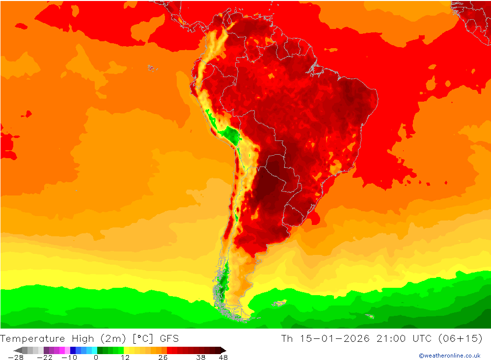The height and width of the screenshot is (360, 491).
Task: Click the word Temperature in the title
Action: coord(32,338)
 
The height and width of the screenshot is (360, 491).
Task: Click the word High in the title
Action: coord(83,338)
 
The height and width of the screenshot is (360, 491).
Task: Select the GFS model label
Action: coord(168,338)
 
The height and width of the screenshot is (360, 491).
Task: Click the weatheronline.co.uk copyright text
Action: coord(449,356)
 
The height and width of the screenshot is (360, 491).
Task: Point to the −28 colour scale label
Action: coord(16,358)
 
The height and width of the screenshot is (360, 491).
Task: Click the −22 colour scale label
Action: coord(45,358)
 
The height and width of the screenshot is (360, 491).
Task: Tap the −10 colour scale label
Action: coord(69,358)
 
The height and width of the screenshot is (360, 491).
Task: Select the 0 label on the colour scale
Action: coord(96,358)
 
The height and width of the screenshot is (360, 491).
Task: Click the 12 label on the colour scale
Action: coord(125,358)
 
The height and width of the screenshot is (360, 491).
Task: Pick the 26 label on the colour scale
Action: coord(163,358)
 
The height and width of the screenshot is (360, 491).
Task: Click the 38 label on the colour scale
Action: coord(200,358)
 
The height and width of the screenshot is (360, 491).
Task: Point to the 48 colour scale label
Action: coord(223,358)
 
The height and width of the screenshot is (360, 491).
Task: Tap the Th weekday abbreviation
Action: coord(287,338)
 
